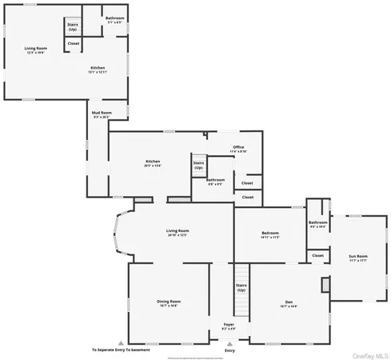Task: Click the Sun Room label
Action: point(357,258)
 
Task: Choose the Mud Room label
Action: point(101,114)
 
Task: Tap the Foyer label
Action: point(229,326)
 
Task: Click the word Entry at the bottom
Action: point(230,350)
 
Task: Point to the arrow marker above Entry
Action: point(230,342)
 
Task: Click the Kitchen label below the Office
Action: point(153,163)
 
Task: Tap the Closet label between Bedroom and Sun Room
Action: point(317,256)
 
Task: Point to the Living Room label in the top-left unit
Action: point(36,50)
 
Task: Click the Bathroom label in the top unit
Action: point(115,19)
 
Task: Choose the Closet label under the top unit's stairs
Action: point(73,43)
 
